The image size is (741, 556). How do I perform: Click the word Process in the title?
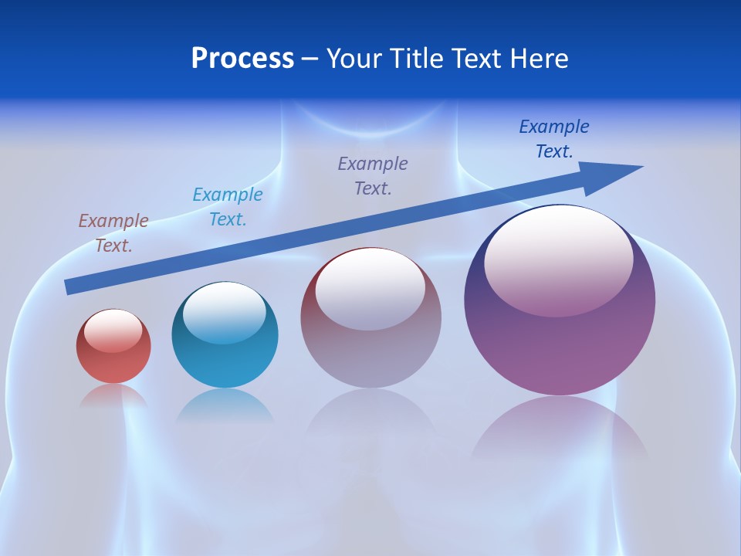(242, 58)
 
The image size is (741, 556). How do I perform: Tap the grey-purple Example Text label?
(373, 175)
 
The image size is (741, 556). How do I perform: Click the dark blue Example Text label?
(554, 138)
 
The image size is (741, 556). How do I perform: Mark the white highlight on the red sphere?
(113, 331)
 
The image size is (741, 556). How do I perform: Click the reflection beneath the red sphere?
(113, 396)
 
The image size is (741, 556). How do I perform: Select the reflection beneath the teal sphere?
(225, 405)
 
